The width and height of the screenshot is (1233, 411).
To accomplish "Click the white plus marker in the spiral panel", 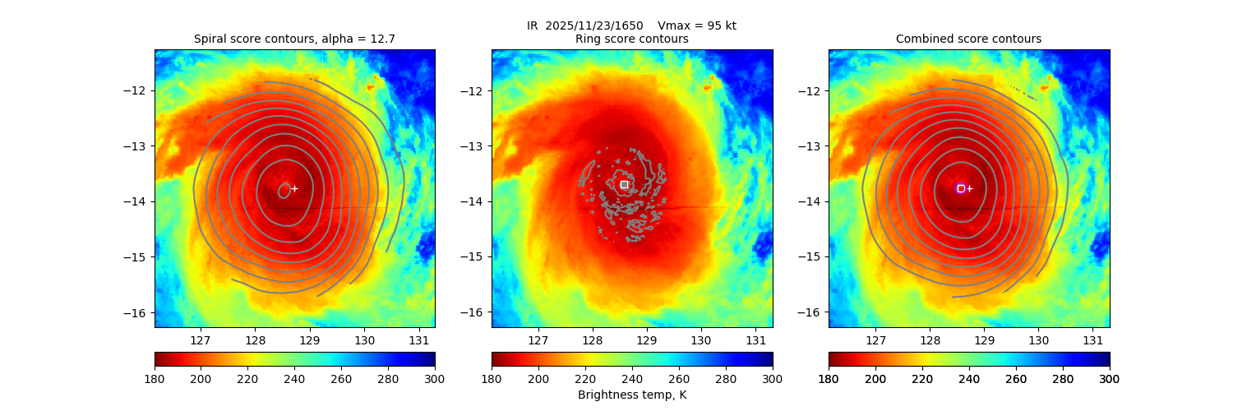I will coord(294,188).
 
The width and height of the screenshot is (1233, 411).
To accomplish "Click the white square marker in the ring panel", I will coord(624,185).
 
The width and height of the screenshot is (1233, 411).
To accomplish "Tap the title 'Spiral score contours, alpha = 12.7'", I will coord(294,39).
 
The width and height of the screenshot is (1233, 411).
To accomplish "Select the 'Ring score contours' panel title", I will coord(632,39).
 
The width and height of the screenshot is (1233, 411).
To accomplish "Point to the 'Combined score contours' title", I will coord(968,39).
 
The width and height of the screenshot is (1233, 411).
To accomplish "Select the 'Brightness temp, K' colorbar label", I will coord(632,395).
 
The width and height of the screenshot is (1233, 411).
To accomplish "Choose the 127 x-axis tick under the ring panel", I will coord(538,340).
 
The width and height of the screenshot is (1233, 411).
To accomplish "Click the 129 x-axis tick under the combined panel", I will coord(984,340).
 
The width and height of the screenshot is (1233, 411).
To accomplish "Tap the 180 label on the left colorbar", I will coord(155,379).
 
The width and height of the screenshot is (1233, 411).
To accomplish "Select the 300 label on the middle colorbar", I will coord(773,379).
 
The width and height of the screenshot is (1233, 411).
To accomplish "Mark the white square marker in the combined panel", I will coord(961,188).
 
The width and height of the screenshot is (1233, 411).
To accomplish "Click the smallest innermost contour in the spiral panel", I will coord(284,191).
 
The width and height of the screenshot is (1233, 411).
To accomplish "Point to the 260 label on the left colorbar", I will coord(341,379).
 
